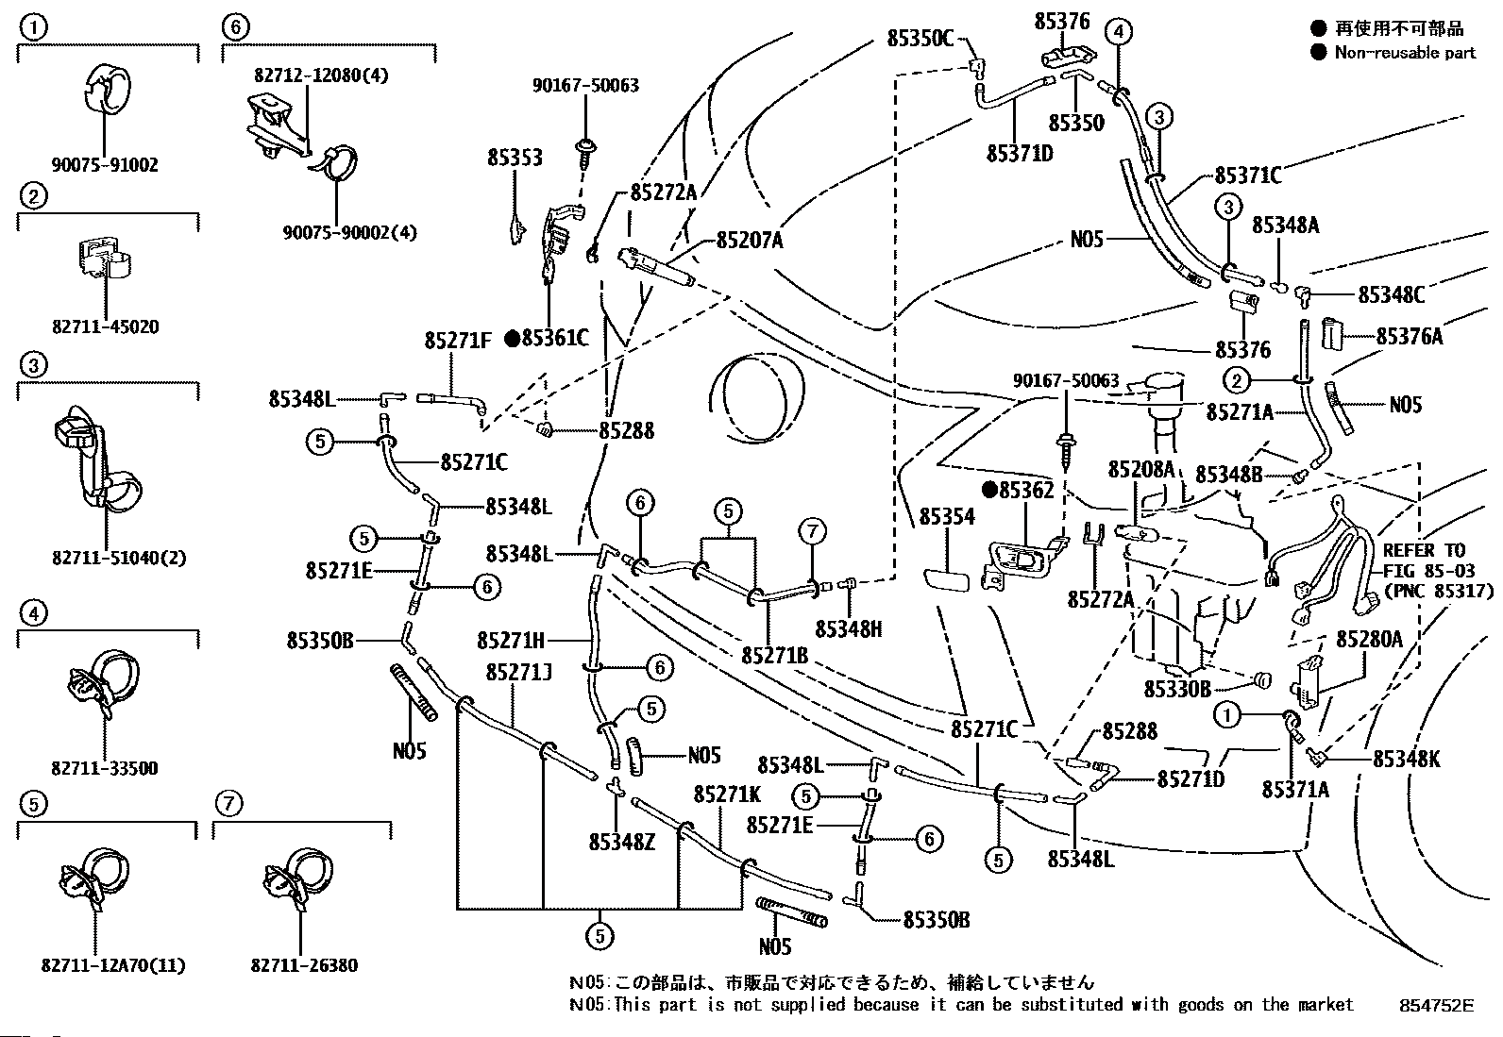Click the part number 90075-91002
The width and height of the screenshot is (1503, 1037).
click(x=105, y=165)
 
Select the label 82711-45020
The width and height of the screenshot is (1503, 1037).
click(x=106, y=327)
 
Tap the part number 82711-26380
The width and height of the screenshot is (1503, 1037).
click(x=304, y=965)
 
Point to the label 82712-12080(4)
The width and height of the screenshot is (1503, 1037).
click(x=321, y=75)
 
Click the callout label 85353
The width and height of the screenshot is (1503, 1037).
click(x=515, y=158)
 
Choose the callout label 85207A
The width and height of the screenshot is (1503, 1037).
click(x=750, y=240)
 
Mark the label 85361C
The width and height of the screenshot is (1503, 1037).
click(x=555, y=338)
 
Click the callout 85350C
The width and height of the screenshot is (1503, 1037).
click(x=920, y=39)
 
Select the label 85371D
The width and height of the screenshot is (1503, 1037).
click(x=1020, y=154)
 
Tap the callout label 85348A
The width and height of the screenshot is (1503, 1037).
click(x=1285, y=226)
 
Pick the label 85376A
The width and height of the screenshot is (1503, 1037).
click(x=1409, y=336)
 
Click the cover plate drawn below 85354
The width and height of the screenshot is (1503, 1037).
click(x=947, y=579)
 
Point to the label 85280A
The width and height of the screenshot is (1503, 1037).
click(x=1369, y=639)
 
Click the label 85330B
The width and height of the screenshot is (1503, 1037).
click(x=1177, y=689)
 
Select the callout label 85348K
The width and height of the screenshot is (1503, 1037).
click(x=1407, y=760)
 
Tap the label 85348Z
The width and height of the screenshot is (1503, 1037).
click(x=622, y=842)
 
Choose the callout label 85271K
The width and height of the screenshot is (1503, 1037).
click(x=727, y=794)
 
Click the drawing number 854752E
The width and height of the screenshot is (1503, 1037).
click(x=1437, y=1006)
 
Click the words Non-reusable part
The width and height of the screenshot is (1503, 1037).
click(x=1405, y=52)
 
